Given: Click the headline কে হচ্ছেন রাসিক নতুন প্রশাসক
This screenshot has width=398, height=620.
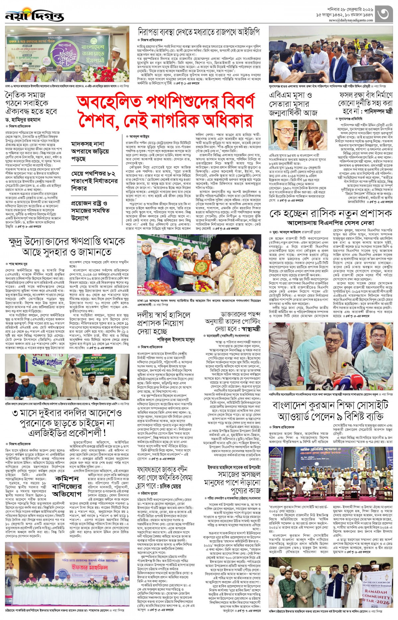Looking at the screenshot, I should point(331,213).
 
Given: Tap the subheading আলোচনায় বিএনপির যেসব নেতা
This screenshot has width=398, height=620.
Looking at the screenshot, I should point(331,223).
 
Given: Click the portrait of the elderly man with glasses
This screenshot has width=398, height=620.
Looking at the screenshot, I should point(283,135).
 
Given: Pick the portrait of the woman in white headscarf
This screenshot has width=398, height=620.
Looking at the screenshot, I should point(312,135).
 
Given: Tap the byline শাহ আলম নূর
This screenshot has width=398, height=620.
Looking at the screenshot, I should point(18,264).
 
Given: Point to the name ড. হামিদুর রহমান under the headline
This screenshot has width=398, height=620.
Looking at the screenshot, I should point(23,119).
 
